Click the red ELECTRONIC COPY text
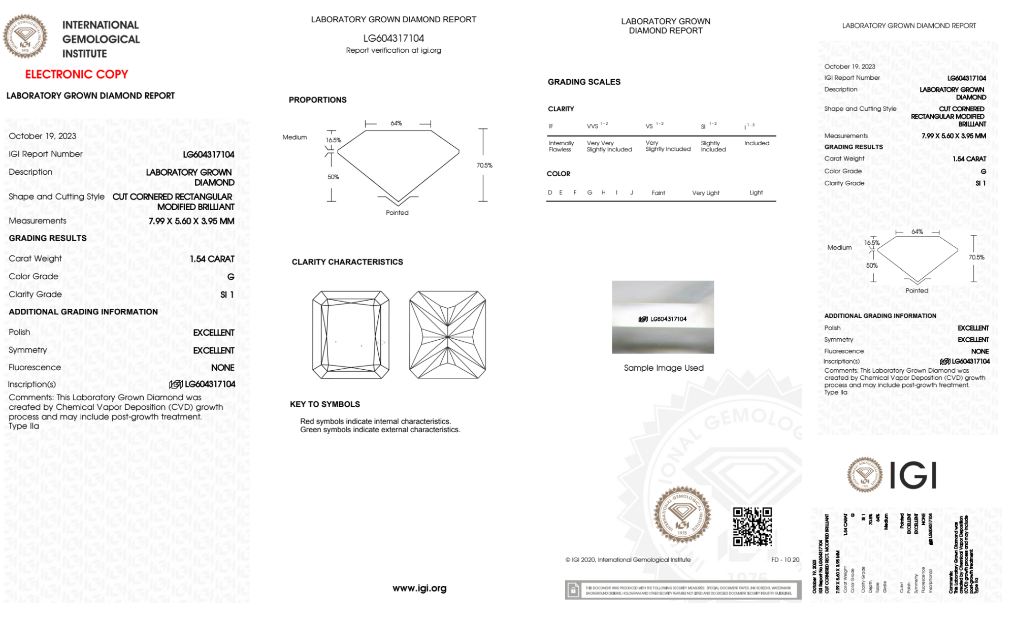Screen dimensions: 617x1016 coord(77,75)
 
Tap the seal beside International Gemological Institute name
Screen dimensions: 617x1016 coord(25,36)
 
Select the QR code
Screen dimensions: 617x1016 coord(752,526)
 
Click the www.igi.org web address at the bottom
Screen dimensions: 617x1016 coord(419,588)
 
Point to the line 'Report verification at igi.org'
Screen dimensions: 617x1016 coord(394,50)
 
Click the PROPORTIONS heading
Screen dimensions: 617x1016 coord(317,100)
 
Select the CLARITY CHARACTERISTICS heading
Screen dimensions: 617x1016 coord(347,262)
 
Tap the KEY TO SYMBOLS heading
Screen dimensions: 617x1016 coord(325,404)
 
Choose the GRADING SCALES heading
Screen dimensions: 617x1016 coord(584,82)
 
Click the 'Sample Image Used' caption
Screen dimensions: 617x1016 coord(664,368)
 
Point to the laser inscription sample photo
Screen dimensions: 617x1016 coord(663,317)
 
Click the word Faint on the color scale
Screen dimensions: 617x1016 coord(658,193)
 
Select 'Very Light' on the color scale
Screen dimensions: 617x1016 coord(705,193)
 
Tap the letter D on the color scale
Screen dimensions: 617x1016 coord(550,192)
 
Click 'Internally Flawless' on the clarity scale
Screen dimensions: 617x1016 coord(561,146)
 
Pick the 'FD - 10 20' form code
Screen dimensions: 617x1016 coord(785,560)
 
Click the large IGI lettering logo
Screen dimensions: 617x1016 coord(913,475)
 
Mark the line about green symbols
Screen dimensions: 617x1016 coord(380,430)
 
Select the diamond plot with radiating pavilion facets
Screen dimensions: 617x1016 coord(447,335)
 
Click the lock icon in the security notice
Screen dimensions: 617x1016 coord(573,590)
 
